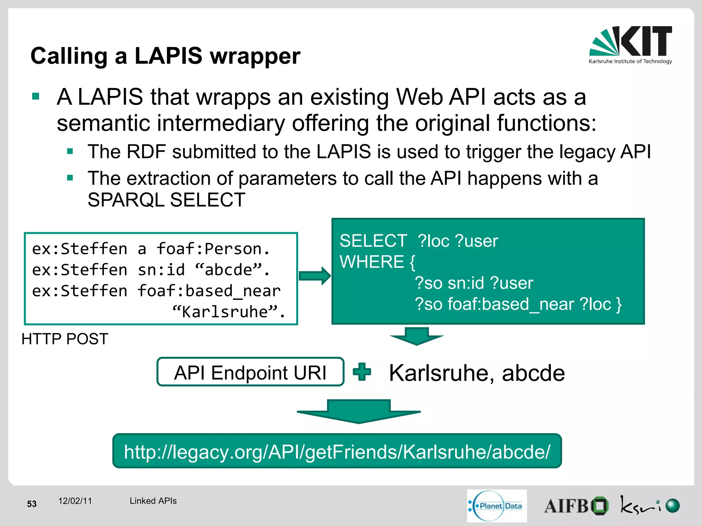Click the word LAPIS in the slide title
pos(168,56)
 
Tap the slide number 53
pos(32,504)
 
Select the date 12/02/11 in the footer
pos(75,501)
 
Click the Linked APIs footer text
pos(153,501)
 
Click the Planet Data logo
pos(497,505)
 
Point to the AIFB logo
pos(576,506)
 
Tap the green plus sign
pos(362,372)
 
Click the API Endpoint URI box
pos(250,372)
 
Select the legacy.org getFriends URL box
pos(337,451)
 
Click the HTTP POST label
pos(65,339)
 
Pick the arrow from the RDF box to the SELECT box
pos(314,276)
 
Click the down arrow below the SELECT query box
pos(416,336)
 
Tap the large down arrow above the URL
pos(359,411)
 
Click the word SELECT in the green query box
pos(373,241)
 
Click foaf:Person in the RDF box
pos(213,249)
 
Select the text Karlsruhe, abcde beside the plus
pos(477,373)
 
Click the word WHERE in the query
pos(372,262)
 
